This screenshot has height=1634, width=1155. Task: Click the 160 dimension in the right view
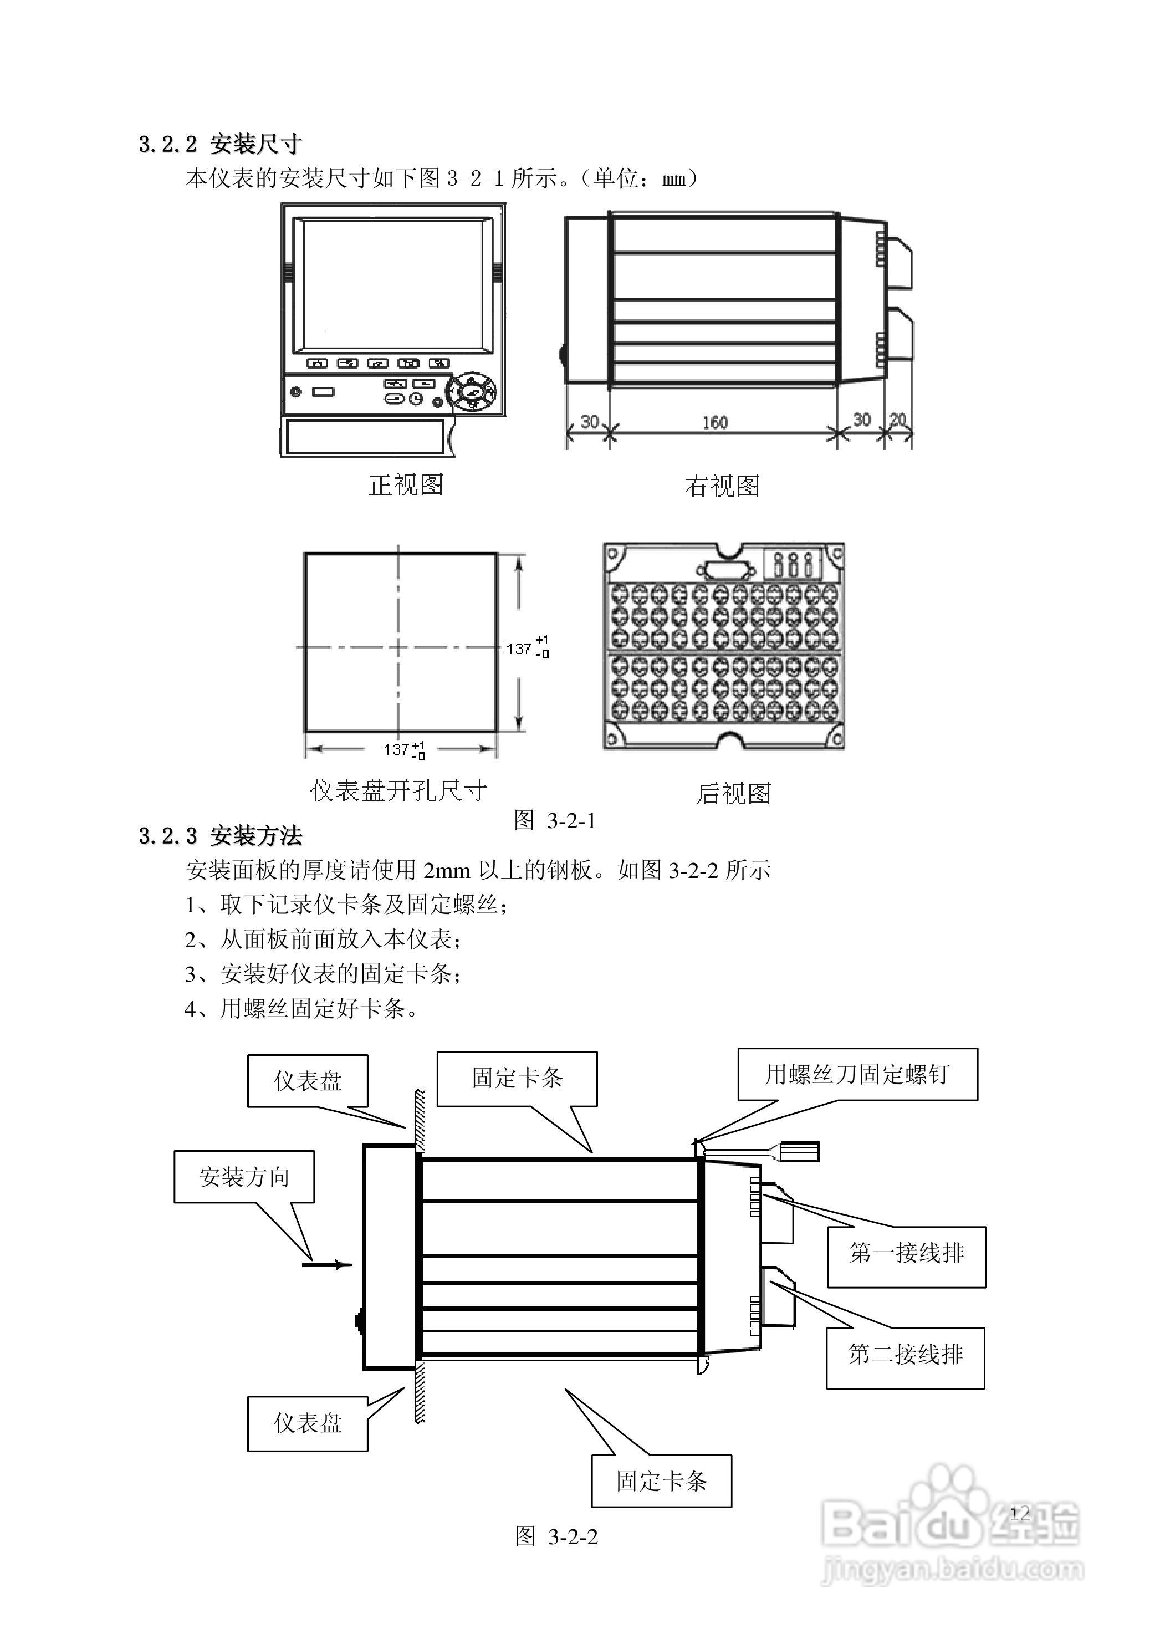coord(714,423)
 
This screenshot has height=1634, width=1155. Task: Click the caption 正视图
coord(406,486)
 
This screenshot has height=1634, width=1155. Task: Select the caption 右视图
coord(722,486)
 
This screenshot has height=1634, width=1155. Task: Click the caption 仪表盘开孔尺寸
coord(398,790)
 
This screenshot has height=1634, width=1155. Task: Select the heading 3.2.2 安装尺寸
coord(220,145)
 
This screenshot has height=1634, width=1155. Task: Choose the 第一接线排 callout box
coord(906,1253)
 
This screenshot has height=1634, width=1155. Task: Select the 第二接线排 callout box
coord(905,1354)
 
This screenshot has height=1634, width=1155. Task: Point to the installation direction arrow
coord(328,1265)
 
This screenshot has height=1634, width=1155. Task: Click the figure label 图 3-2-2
coord(556,1536)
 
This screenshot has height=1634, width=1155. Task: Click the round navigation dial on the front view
coord(471,391)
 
